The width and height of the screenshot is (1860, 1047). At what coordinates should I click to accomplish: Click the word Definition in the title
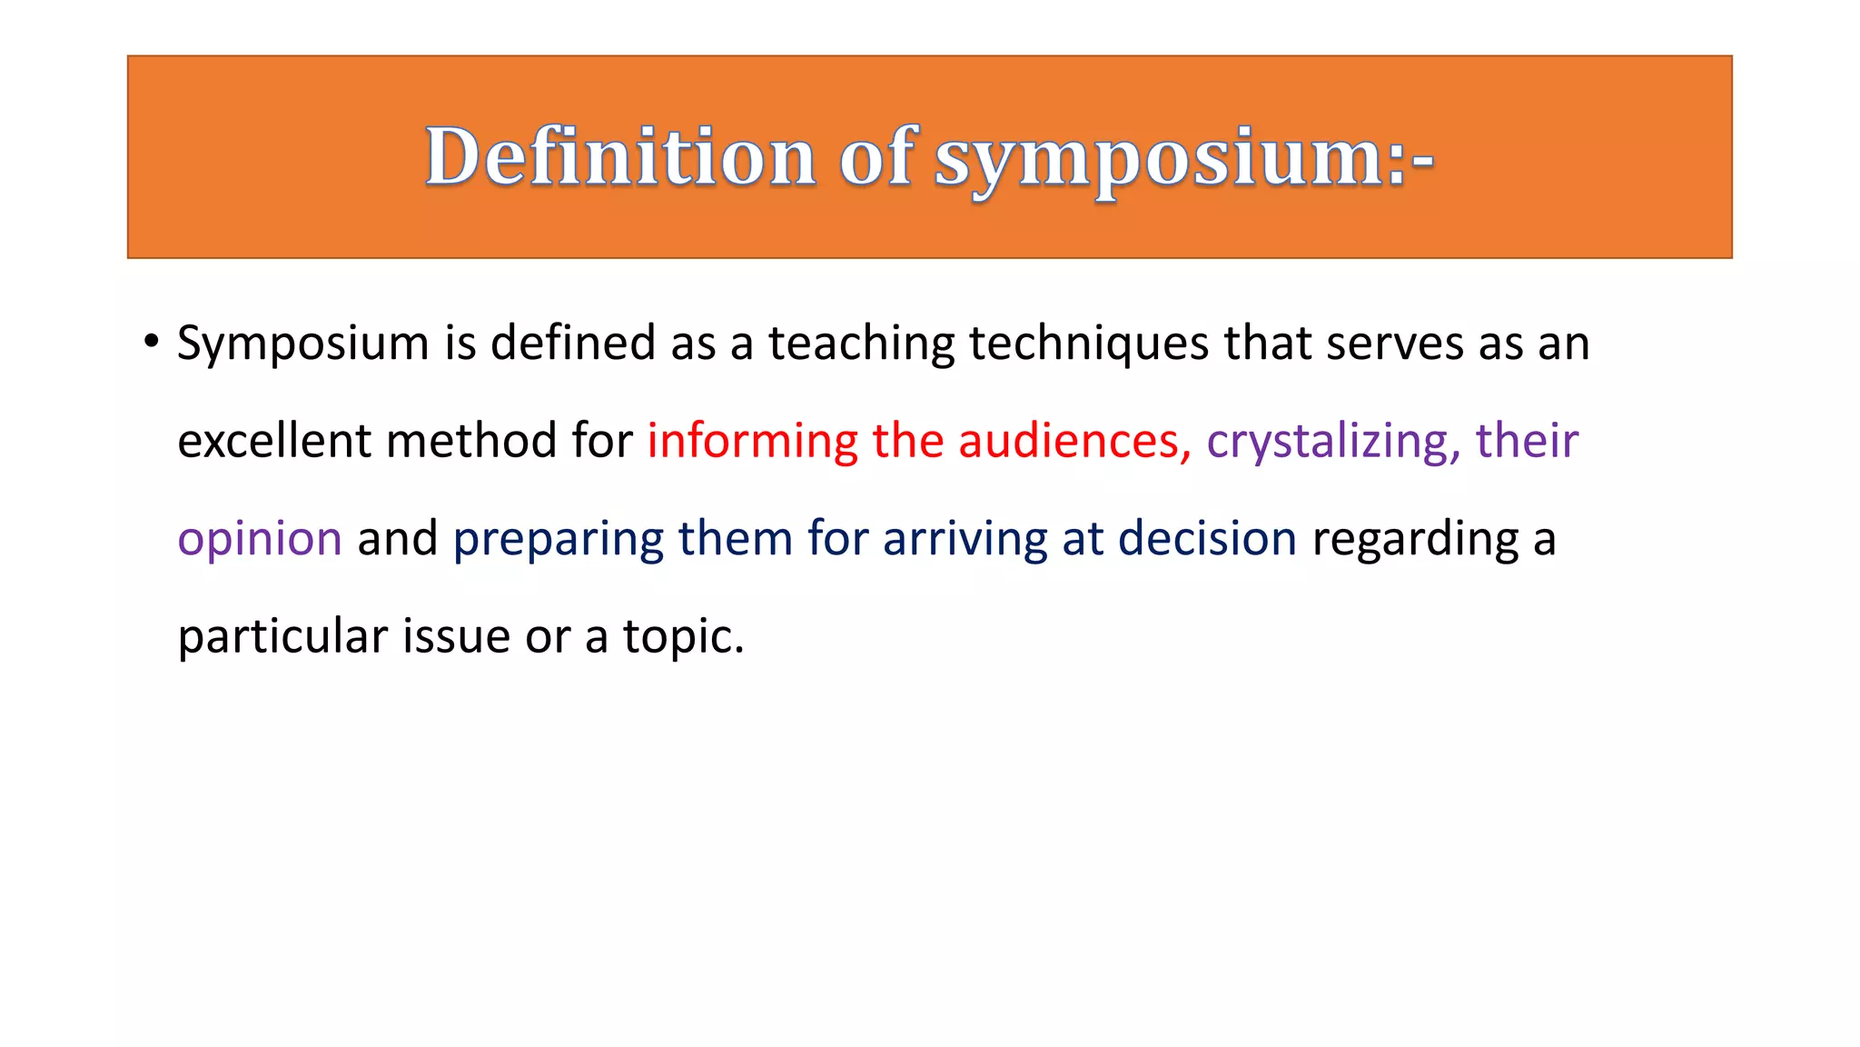click(x=620, y=156)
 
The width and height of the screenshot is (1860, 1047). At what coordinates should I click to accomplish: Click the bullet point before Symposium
click(x=151, y=343)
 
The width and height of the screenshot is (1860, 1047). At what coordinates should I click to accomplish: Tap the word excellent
click(x=274, y=442)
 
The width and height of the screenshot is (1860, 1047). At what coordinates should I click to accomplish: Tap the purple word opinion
click(x=260, y=540)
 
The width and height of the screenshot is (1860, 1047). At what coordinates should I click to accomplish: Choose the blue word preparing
click(x=559, y=540)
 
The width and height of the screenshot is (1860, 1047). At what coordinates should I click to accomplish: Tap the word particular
click(x=282, y=637)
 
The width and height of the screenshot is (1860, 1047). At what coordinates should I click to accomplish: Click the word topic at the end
click(x=681, y=637)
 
